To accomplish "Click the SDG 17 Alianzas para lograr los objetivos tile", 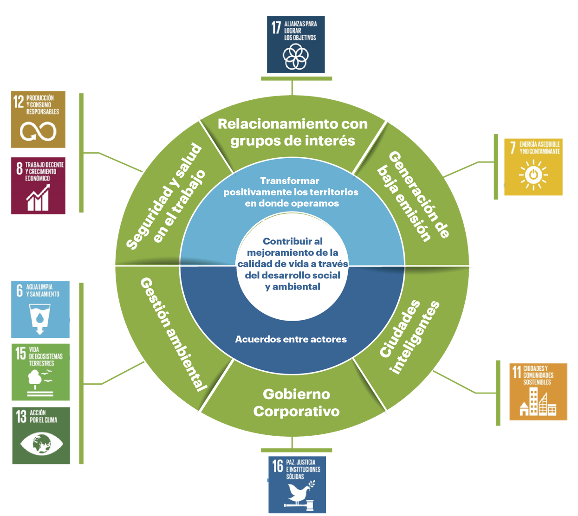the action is (x=296, y=44).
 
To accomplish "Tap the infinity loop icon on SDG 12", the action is (x=38, y=131).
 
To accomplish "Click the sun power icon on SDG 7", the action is (x=533, y=174).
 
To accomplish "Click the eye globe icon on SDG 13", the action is (x=42, y=444).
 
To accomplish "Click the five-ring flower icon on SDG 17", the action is (x=296, y=56).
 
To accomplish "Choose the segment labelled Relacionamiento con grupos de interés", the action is (x=292, y=132).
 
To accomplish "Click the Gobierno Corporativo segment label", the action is (x=296, y=402).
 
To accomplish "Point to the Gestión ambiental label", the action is (x=174, y=334).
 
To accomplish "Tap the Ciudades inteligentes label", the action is (x=409, y=337).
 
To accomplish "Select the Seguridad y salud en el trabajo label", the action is (x=166, y=196).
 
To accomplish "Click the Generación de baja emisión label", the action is (x=413, y=196).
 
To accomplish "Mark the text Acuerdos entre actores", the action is (x=291, y=339).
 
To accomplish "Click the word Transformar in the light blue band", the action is (x=290, y=181).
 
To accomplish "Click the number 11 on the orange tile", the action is (x=516, y=372).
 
